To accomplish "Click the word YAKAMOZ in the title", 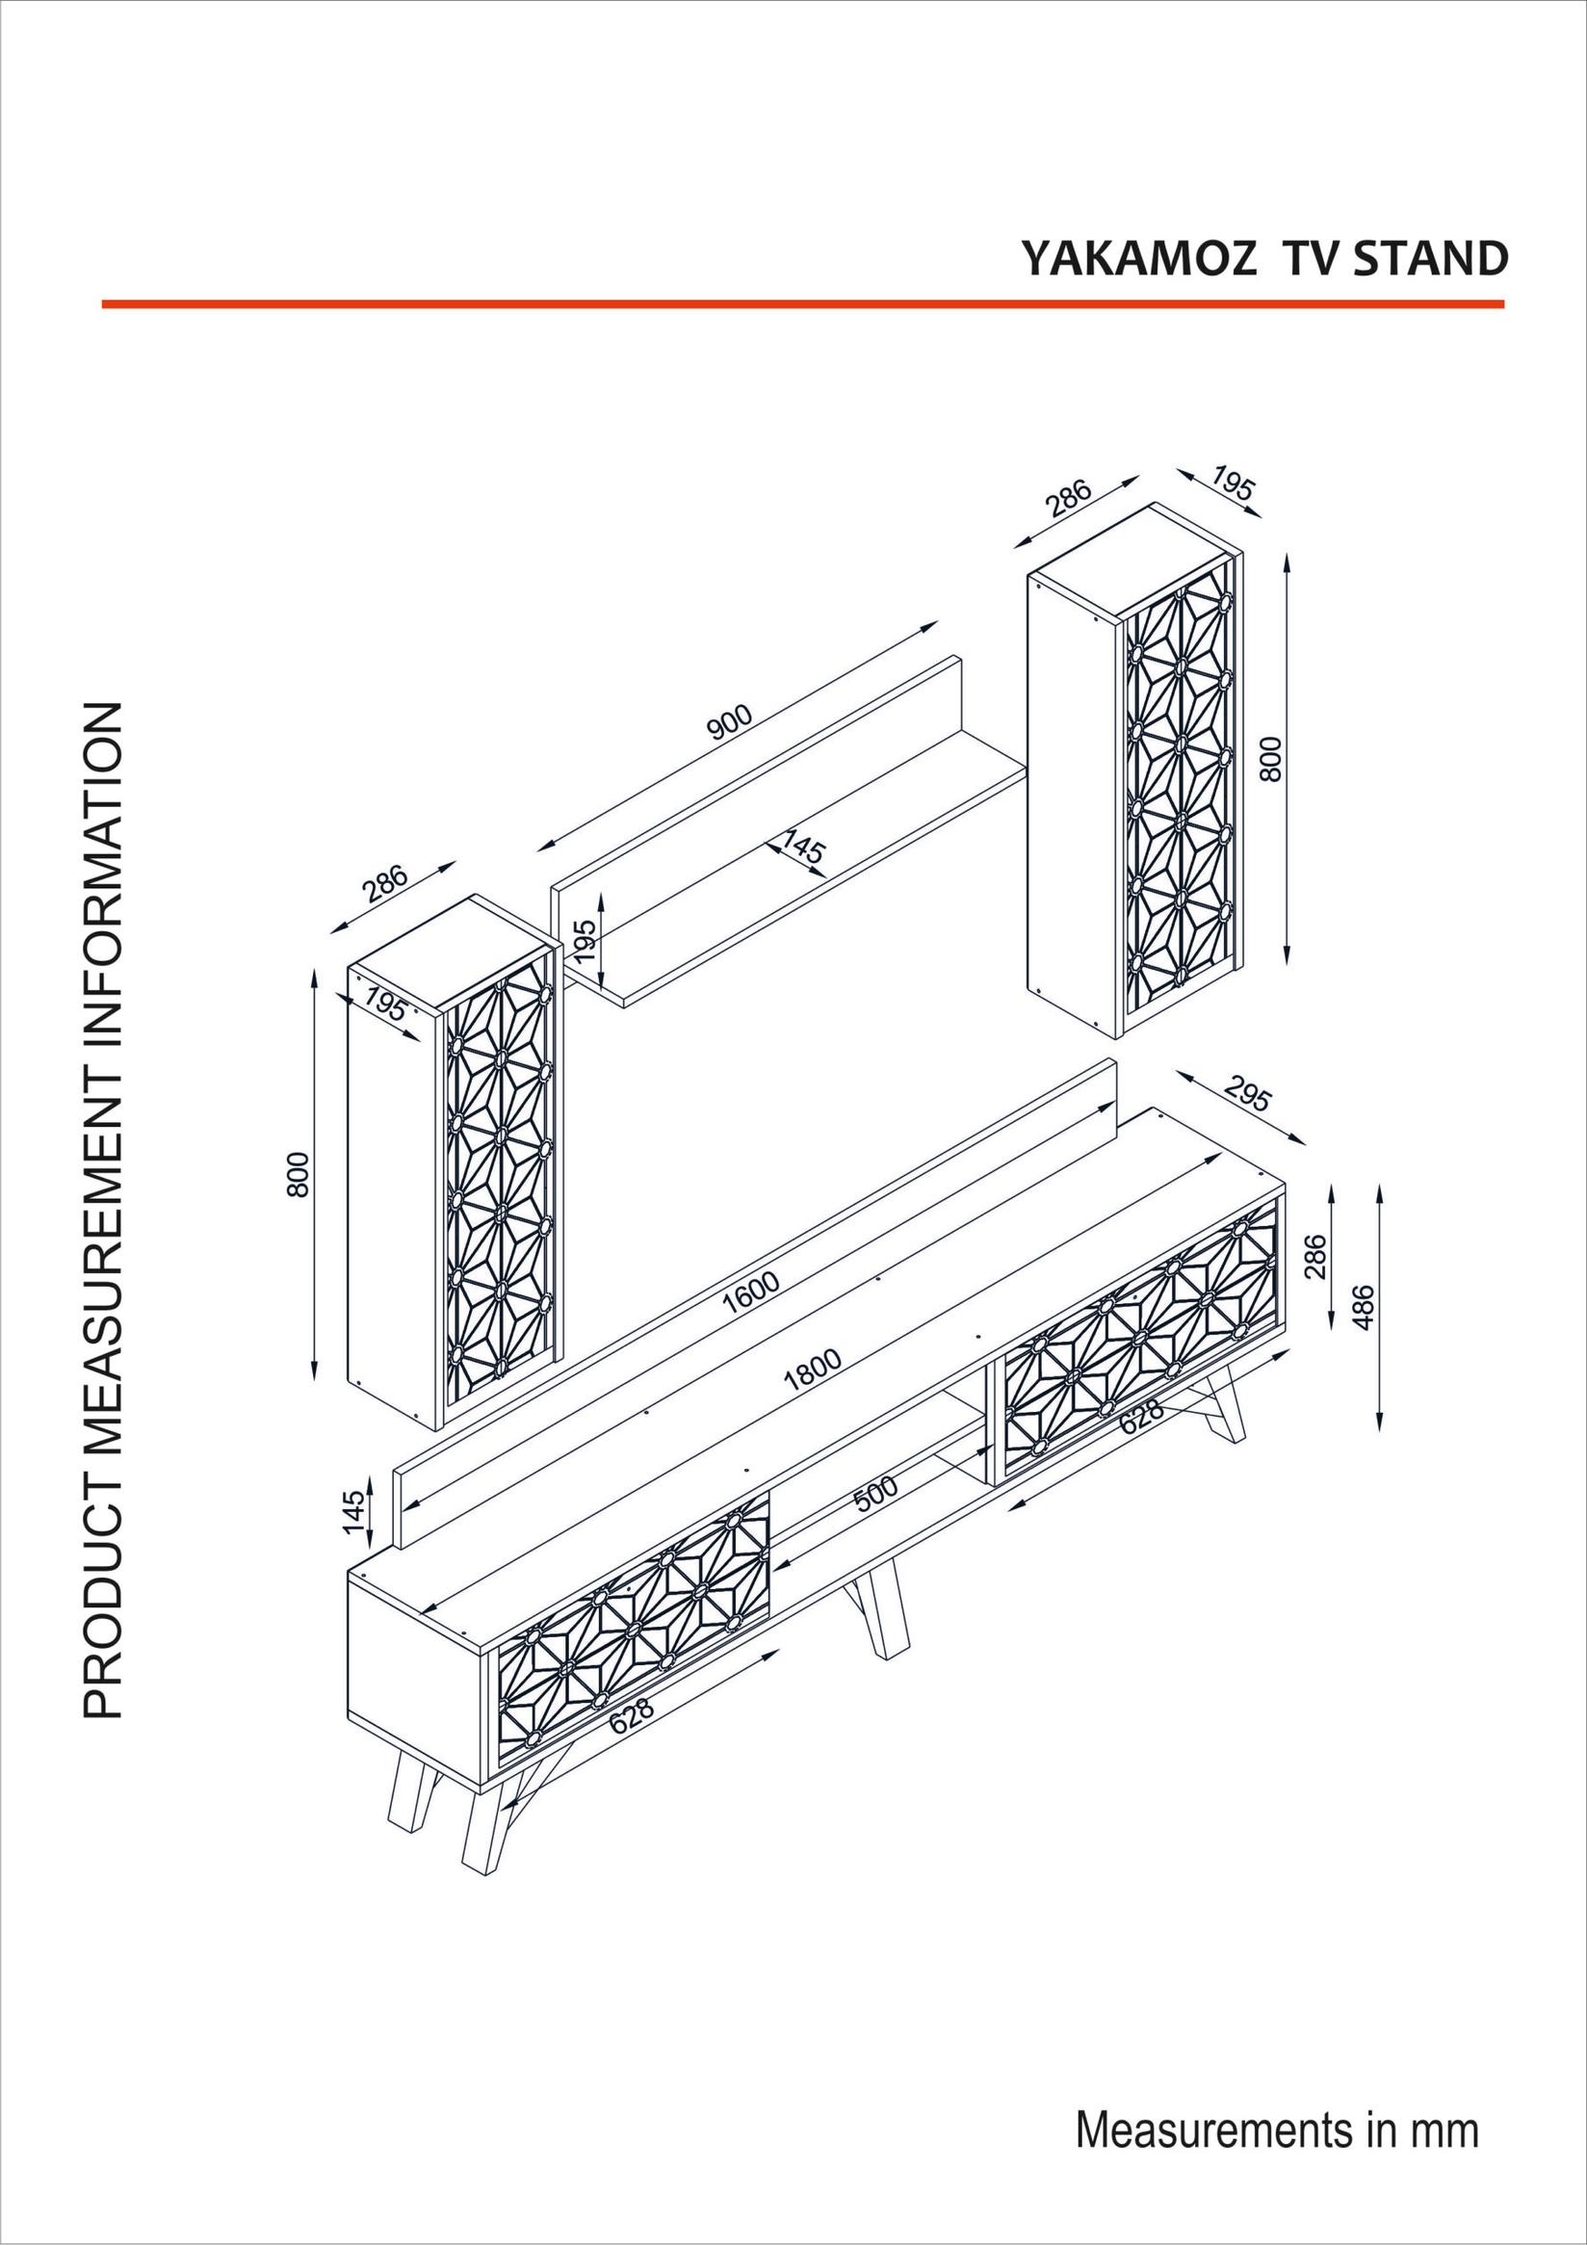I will pyautogui.click(x=1138, y=259).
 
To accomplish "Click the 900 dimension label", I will pyautogui.click(x=729, y=721).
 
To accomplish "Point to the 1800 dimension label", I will pyautogui.click(x=812, y=1369).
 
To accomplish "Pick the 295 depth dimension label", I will pyautogui.click(x=1247, y=1094).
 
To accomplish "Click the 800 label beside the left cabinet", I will pyautogui.click(x=298, y=1174).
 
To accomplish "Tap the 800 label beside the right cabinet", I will pyautogui.click(x=1269, y=759).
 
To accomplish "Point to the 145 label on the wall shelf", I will pyautogui.click(x=803, y=847).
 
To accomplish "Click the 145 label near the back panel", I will pyautogui.click(x=356, y=1512).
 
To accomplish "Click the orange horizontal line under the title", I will pyautogui.click(x=802, y=304).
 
